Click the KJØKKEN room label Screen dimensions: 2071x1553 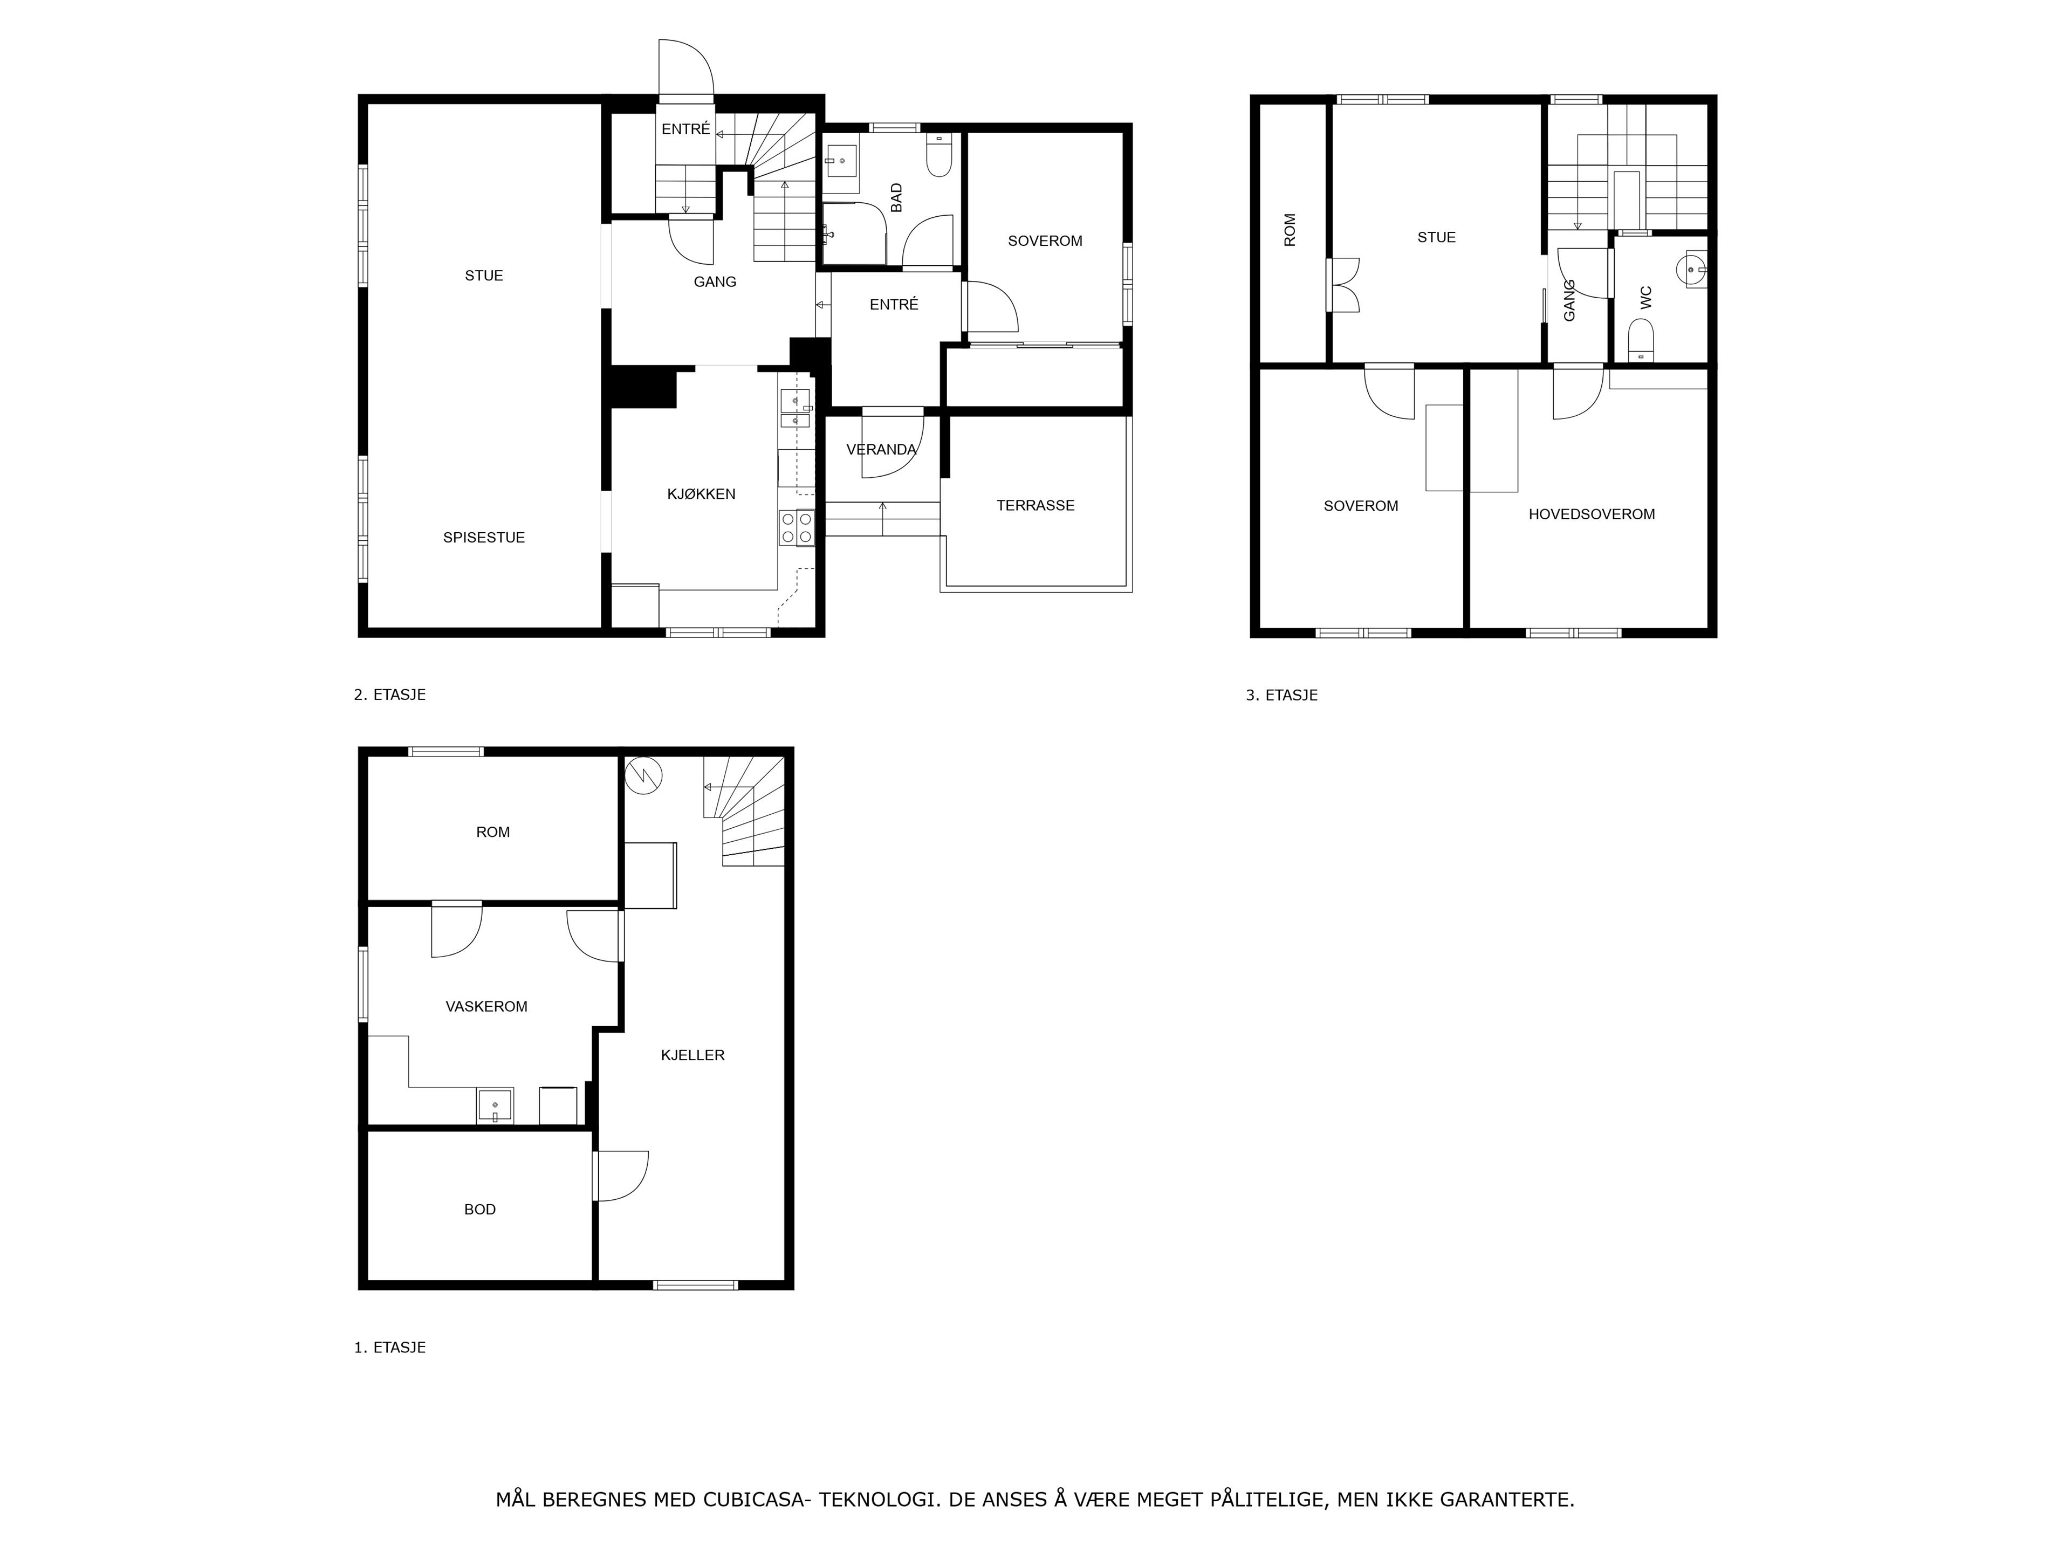[x=701, y=494]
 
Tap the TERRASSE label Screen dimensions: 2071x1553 [x=1035, y=505]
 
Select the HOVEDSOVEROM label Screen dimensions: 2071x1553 [x=1592, y=514]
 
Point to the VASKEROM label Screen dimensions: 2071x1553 [x=486, y=1006]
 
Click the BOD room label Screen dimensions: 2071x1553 [x=481, y=1210]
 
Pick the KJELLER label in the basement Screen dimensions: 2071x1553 [x=693, y=1055]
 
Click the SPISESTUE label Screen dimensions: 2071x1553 [x=484, y=537]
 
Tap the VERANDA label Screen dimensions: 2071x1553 [x=882, y=449]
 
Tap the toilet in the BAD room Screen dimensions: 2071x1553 [x=939, y=155]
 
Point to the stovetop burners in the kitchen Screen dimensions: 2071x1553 [x=797, y=528]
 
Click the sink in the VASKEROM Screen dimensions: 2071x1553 [x=495, y=1105]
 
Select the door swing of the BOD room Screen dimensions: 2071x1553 [x=621, y=1176]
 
